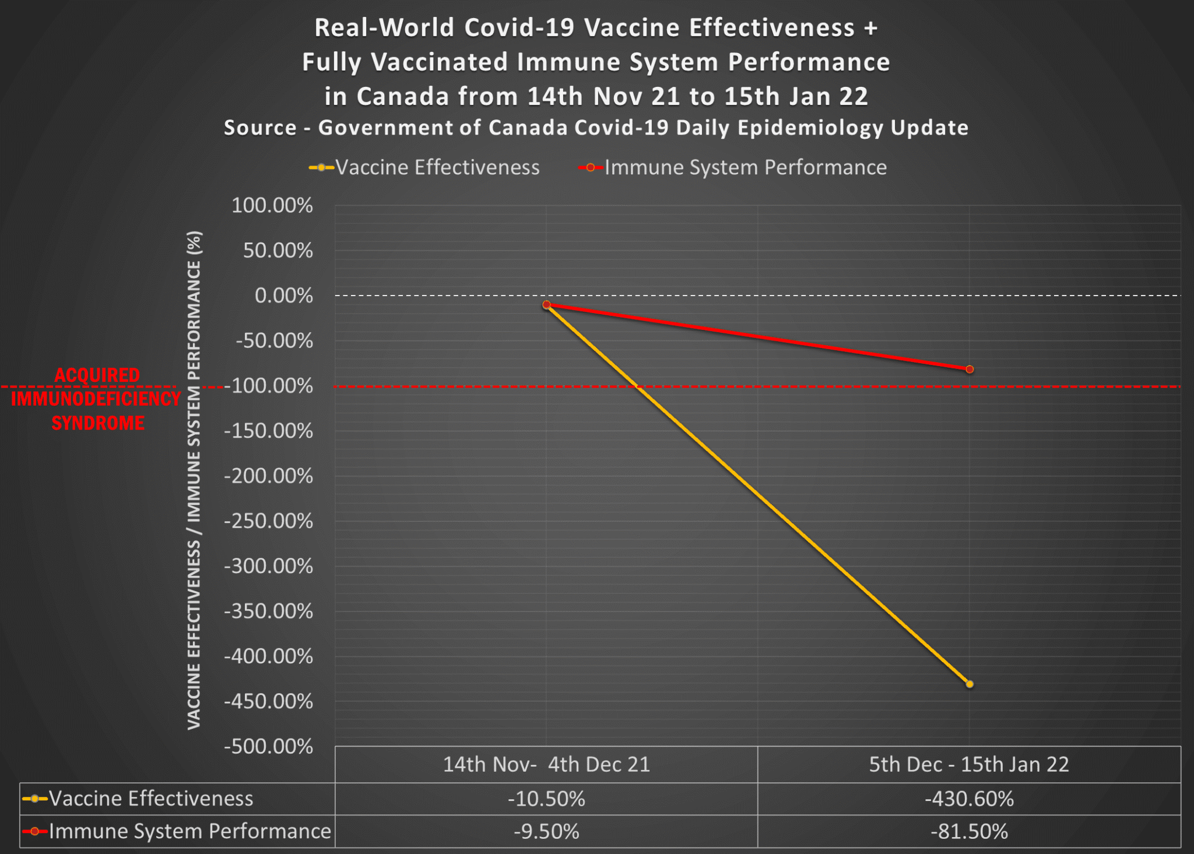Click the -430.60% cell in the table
(x=969, y=799)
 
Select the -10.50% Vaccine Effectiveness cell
(x=546, y=799)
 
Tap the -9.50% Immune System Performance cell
(x=546, y=831)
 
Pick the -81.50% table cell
(x=969, y=831)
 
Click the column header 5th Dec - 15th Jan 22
(x=969, y=764)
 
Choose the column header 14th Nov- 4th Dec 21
(x=546, y=764)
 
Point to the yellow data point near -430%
(x=970, y=684)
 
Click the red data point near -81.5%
(x=970, y=369)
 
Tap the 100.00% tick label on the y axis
(x=272, y=205)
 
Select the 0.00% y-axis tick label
(x=283, y=296)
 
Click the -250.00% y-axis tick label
(x=268, y=521)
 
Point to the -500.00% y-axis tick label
(x=268, y=746)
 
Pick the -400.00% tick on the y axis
(x=268, y=656)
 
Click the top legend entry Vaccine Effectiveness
(x=437, y=167)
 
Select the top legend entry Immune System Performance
(x=745, y=167)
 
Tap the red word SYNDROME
(x=98, y=423)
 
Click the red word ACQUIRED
(x=97, y=375)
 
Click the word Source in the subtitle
(x=260, y=128)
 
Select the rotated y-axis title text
(x=194, y=480)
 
